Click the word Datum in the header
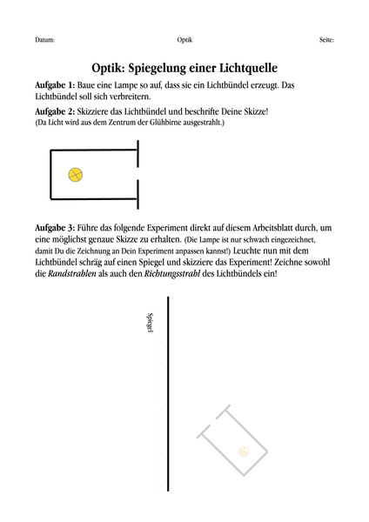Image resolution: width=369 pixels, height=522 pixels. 45,41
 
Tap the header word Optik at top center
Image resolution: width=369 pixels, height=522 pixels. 184,41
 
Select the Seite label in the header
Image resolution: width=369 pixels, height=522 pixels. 326,41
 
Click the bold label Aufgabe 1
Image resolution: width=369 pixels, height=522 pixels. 55,84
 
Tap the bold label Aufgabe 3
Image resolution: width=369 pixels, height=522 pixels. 55,227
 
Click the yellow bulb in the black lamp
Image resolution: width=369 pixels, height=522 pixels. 76,175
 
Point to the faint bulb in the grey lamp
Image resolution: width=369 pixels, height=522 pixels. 244,451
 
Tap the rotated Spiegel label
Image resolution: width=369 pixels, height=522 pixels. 151,324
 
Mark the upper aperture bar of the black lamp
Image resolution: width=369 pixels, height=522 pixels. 138,157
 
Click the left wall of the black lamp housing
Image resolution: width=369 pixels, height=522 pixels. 51,174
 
